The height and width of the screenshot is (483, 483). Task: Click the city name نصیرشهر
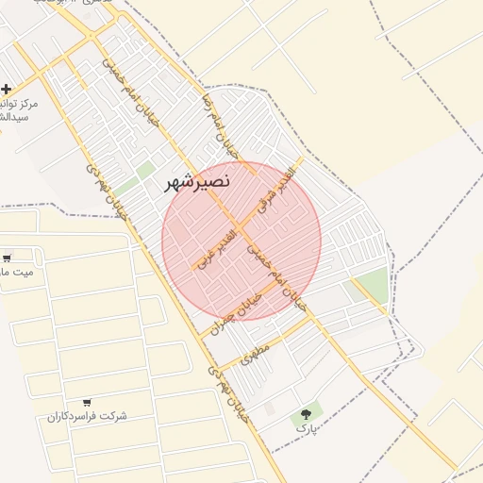[196, 183]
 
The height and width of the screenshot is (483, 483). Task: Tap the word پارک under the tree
[303, 428]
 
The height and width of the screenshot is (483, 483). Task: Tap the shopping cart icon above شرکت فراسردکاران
[88, 402]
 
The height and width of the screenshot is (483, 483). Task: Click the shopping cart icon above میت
[8, 258]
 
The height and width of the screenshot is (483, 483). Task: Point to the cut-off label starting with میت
[15, 272]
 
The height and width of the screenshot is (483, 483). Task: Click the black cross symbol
[7, 89]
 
